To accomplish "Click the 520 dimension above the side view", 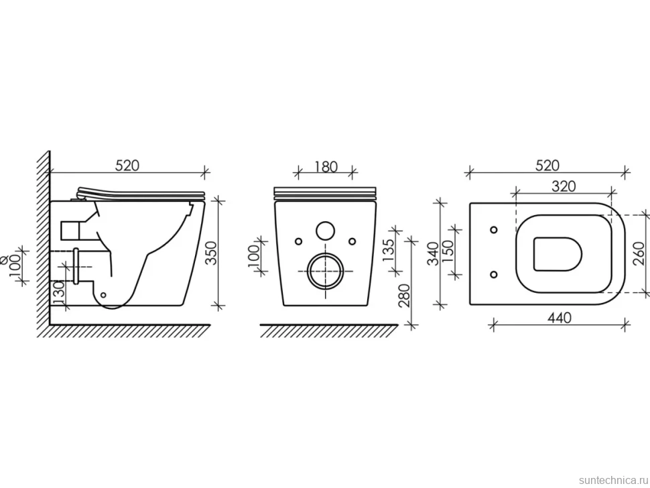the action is pyautogui.click(x=127, y=165).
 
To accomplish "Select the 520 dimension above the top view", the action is pyautogui.click(x=547, y=165).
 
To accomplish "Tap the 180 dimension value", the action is pyautogui.click(x=326, y=166).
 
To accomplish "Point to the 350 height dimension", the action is pyautogui.click(x=211, y=253).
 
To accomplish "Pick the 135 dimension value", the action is pyautogui.click(x=389, y=249).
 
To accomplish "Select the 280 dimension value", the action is pyautogui.click(x=403, y=295).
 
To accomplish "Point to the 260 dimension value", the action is pyautogui.click(x=640, y=253).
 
